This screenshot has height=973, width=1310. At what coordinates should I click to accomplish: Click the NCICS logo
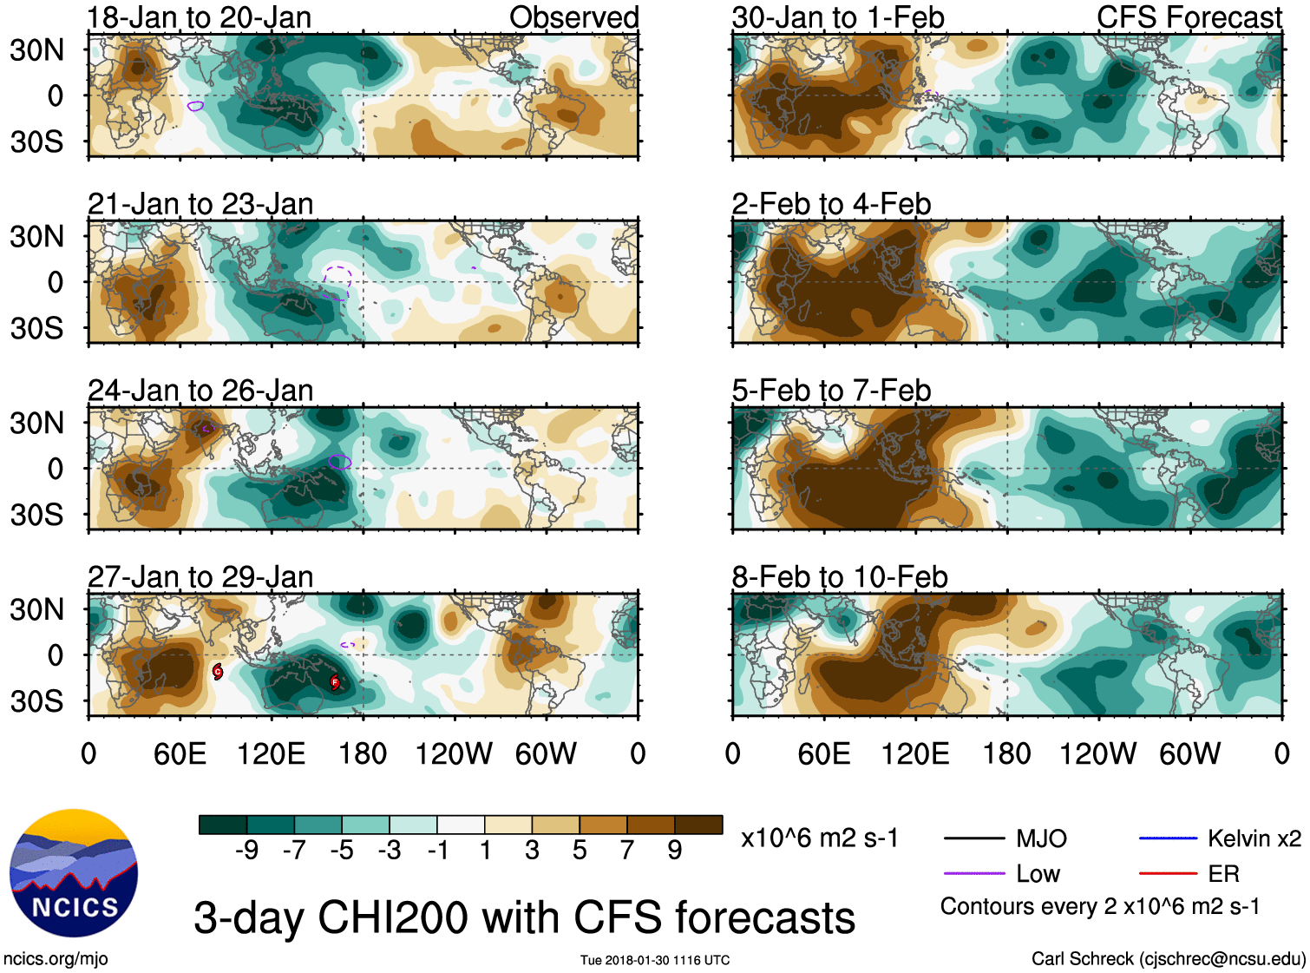click(x=73, y=873)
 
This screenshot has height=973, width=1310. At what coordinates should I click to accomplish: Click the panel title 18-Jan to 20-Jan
click(x=200, y=17)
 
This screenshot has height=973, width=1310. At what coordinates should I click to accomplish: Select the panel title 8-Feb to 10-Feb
click(x=839, y=576)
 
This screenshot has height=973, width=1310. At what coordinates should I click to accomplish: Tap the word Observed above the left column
click(x=573, y=17)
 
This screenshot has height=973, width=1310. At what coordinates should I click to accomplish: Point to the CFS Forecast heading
click(x=1189, y=17)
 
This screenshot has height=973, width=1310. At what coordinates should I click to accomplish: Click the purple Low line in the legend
click(x=973, y=873)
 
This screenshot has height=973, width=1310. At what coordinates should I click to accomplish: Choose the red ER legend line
click(x=1168, y=873)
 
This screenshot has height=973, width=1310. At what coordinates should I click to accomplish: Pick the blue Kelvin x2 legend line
click(x=1168, y=838)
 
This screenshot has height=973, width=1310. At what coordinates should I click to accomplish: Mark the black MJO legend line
click(x=973, y=838)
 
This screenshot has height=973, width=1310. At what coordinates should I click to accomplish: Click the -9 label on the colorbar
click(x=246, y=851)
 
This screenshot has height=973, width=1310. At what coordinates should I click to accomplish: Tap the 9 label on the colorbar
click(x=675, y=851)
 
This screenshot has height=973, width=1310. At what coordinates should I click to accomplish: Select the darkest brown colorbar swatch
click(x=698, y=825)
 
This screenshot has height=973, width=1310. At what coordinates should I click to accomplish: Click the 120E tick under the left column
click(x=271, y=753)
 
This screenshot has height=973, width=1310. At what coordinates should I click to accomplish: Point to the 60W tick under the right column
click(x=1189, y=753)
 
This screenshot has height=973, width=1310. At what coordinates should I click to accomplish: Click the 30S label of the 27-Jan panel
click(x=37, y=701)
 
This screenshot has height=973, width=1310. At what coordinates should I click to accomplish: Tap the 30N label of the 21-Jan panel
click(x=37, y=236)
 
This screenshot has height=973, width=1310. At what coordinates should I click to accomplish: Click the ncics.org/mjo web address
click(x=56, y=959)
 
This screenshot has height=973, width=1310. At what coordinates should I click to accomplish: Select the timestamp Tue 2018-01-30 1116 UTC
click(x=655, y=960)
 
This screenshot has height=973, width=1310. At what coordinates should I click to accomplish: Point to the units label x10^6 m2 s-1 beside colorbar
click(x=819, y=838)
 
